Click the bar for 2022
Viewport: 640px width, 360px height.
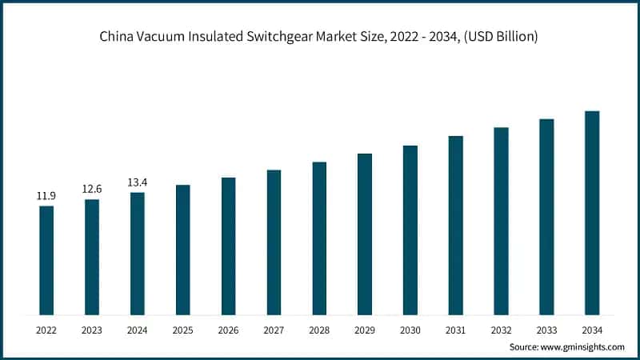[x=46, y=260]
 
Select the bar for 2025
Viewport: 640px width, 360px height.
[x=183, y=250]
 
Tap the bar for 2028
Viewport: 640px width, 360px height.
[x=319, y=238]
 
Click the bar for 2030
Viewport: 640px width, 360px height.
[x=410, y=230]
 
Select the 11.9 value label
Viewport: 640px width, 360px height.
[x=46, y=196]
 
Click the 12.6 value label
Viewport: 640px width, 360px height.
[x=92, y=189]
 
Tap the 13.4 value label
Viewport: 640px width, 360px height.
[x=138, y=182]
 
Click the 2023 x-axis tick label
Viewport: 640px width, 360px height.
[x=92, y=329]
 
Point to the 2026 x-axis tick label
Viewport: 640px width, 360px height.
[x=229, y=329]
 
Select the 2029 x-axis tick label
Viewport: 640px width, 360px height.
[x=365, y=329]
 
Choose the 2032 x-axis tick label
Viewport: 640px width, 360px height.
[x=502, y=329]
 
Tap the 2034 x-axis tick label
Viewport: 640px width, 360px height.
[x=592, y=329]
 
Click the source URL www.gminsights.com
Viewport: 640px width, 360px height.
[x=586, y=347]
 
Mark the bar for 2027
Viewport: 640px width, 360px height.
[x=274, y=242]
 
